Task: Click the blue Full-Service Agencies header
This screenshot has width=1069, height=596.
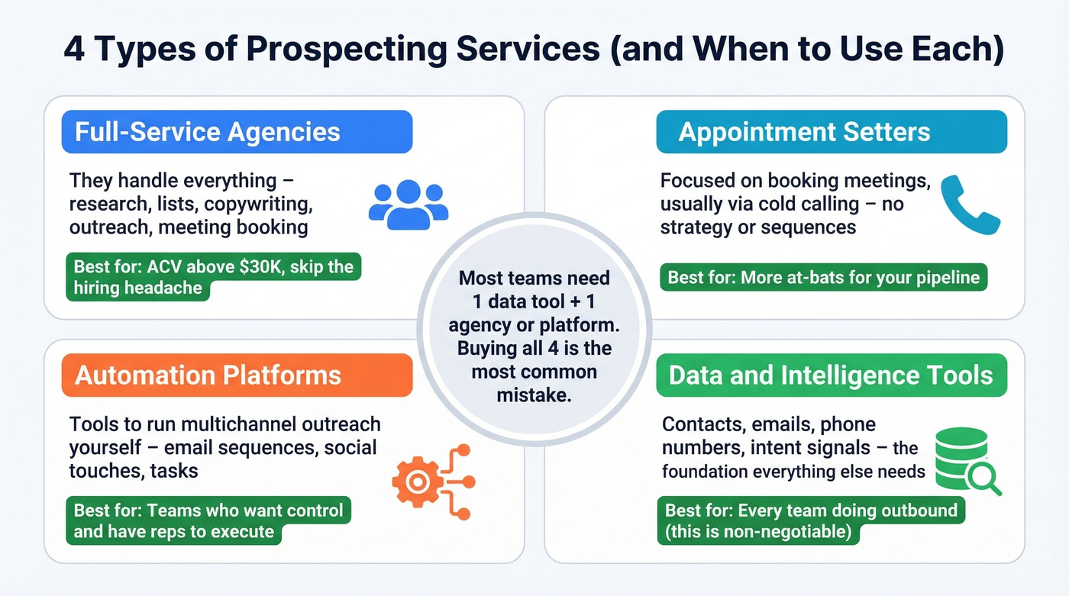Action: click(237, 132)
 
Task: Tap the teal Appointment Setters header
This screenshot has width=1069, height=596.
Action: click(832, 132)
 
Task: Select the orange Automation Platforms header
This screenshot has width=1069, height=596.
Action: click(237, 375)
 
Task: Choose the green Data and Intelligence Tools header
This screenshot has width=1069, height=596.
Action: click(832, 375)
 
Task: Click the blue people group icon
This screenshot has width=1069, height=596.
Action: click(408, 204)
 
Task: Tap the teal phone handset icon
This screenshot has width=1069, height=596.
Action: click(970, 205)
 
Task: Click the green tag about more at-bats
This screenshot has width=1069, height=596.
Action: click(823, 277)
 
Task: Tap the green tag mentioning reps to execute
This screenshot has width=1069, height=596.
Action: click(208, 520)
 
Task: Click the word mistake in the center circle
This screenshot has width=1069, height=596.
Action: click(534, 395)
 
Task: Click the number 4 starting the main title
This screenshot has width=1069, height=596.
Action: click(75, 49)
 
